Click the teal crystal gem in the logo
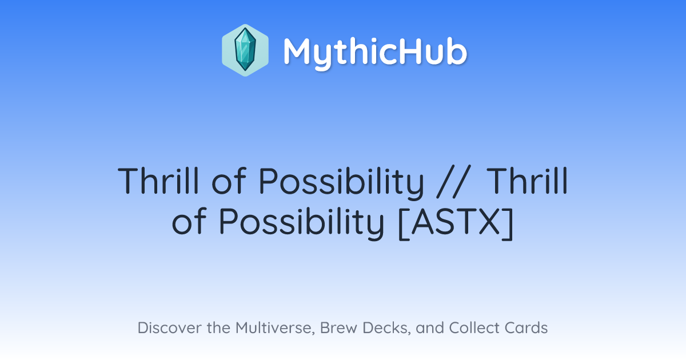point(245,50)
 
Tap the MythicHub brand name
point(375,52)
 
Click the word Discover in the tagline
point(170,327)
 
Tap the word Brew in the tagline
point(338,327)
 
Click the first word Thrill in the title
point(158,181)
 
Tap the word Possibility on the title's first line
point(341,183)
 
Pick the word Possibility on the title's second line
point(301,223)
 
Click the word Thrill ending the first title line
point(527,181)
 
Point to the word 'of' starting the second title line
point(189,221)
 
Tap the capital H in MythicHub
point(410,51)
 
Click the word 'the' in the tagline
point(218,327)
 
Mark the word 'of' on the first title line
point(229,181)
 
